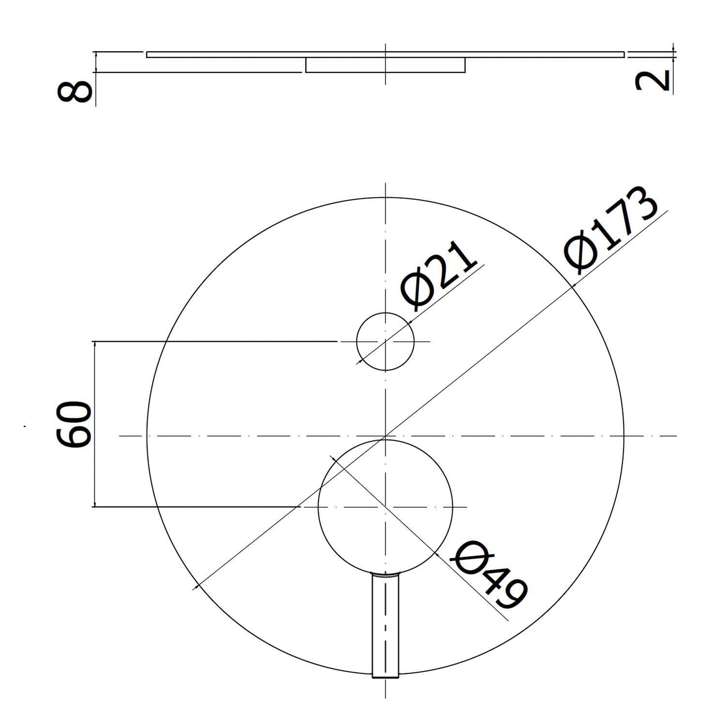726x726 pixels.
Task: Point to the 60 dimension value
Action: click(x=74, y=423)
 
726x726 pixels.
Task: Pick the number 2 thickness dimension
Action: click(x=652, y=80)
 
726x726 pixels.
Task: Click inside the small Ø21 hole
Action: click(x=385, y=342)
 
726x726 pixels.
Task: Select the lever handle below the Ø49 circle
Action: click(x=385, y=625)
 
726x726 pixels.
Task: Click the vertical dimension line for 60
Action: click(x=95, y=424)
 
